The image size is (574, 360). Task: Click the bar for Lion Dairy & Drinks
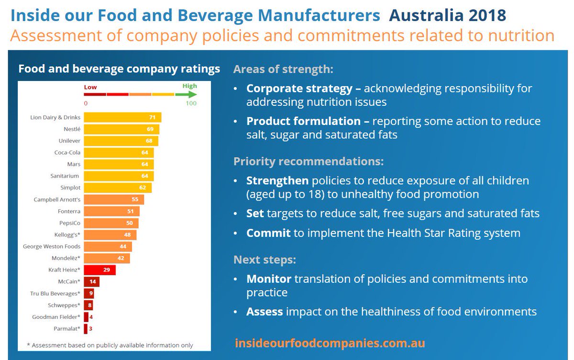pos(122,117)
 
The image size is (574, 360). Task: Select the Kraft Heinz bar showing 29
pos(99,270)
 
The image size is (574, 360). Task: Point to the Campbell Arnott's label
pos(57,200)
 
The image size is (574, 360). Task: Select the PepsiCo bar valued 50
pos(111,223)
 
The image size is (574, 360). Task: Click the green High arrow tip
pos(196,94)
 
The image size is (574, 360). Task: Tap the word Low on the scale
pos(90,87)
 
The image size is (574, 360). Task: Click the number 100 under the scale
pos(191,103)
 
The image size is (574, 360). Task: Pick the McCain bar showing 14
pos(92,282)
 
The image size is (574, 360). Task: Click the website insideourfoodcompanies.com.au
pos(330,343)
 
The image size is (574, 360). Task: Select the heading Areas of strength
pos(283,69)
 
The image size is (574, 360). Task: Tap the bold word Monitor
pos(269,279)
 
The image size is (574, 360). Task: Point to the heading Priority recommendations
pos(308,161)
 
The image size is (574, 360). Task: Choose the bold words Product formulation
pos(303,121)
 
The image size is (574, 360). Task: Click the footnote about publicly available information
pos(110,345)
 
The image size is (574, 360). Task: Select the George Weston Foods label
pos(52,247)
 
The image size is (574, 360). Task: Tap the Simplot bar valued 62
pos(118,188)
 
